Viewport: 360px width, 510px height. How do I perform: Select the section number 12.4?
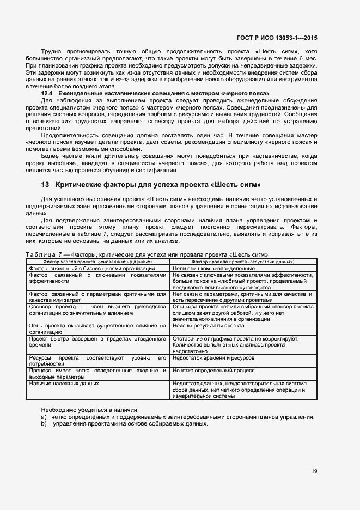tap(48, 94)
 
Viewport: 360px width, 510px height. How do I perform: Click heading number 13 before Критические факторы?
tap(45, 185)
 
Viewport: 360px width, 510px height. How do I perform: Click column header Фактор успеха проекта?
tap(98, 262)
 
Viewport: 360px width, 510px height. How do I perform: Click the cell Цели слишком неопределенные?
tap(213, 269)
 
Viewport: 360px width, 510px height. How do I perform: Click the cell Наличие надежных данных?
tap(64, 383)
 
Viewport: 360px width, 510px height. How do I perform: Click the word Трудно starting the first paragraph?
tap(52, 52)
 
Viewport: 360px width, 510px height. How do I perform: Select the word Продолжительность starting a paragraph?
tap(68, 135)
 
